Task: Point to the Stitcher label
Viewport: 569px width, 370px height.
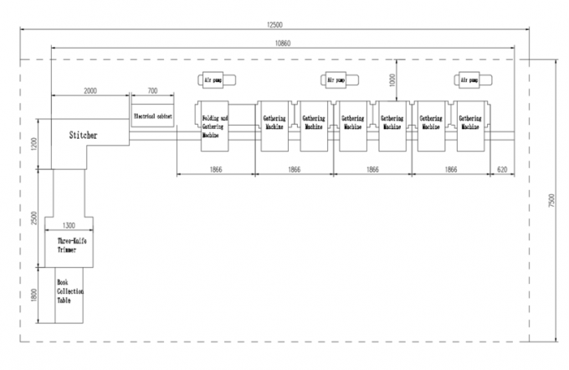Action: [83, 134]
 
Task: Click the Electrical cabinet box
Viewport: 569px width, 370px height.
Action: [152, 116]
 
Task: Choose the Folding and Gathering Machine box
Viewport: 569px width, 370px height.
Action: [214, 126]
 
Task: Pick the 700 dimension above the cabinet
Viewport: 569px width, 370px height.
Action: [152, 90]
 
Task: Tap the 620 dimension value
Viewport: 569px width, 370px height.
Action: [502, 169]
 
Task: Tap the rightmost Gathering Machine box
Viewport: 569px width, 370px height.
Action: [471, 126]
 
